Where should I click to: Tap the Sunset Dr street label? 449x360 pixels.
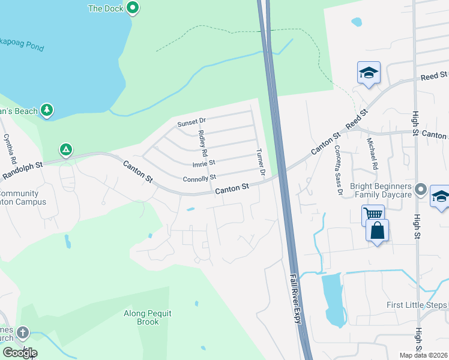[191, 123]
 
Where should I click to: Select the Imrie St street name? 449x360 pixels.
[203, 164]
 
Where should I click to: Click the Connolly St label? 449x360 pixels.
[199, 178]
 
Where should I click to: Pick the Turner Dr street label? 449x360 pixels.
[261, 162]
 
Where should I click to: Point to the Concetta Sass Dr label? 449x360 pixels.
[339, 170]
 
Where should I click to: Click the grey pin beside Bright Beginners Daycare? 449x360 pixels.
[421, 190]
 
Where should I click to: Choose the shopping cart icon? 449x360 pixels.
[373, 214]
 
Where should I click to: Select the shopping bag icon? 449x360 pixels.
[377, 230]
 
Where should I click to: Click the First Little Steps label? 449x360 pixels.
[417, 305]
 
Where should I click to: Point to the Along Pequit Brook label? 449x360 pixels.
[142, 317]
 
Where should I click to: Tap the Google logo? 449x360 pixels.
[19, 353]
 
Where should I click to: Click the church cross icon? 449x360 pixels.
[23, 332]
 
